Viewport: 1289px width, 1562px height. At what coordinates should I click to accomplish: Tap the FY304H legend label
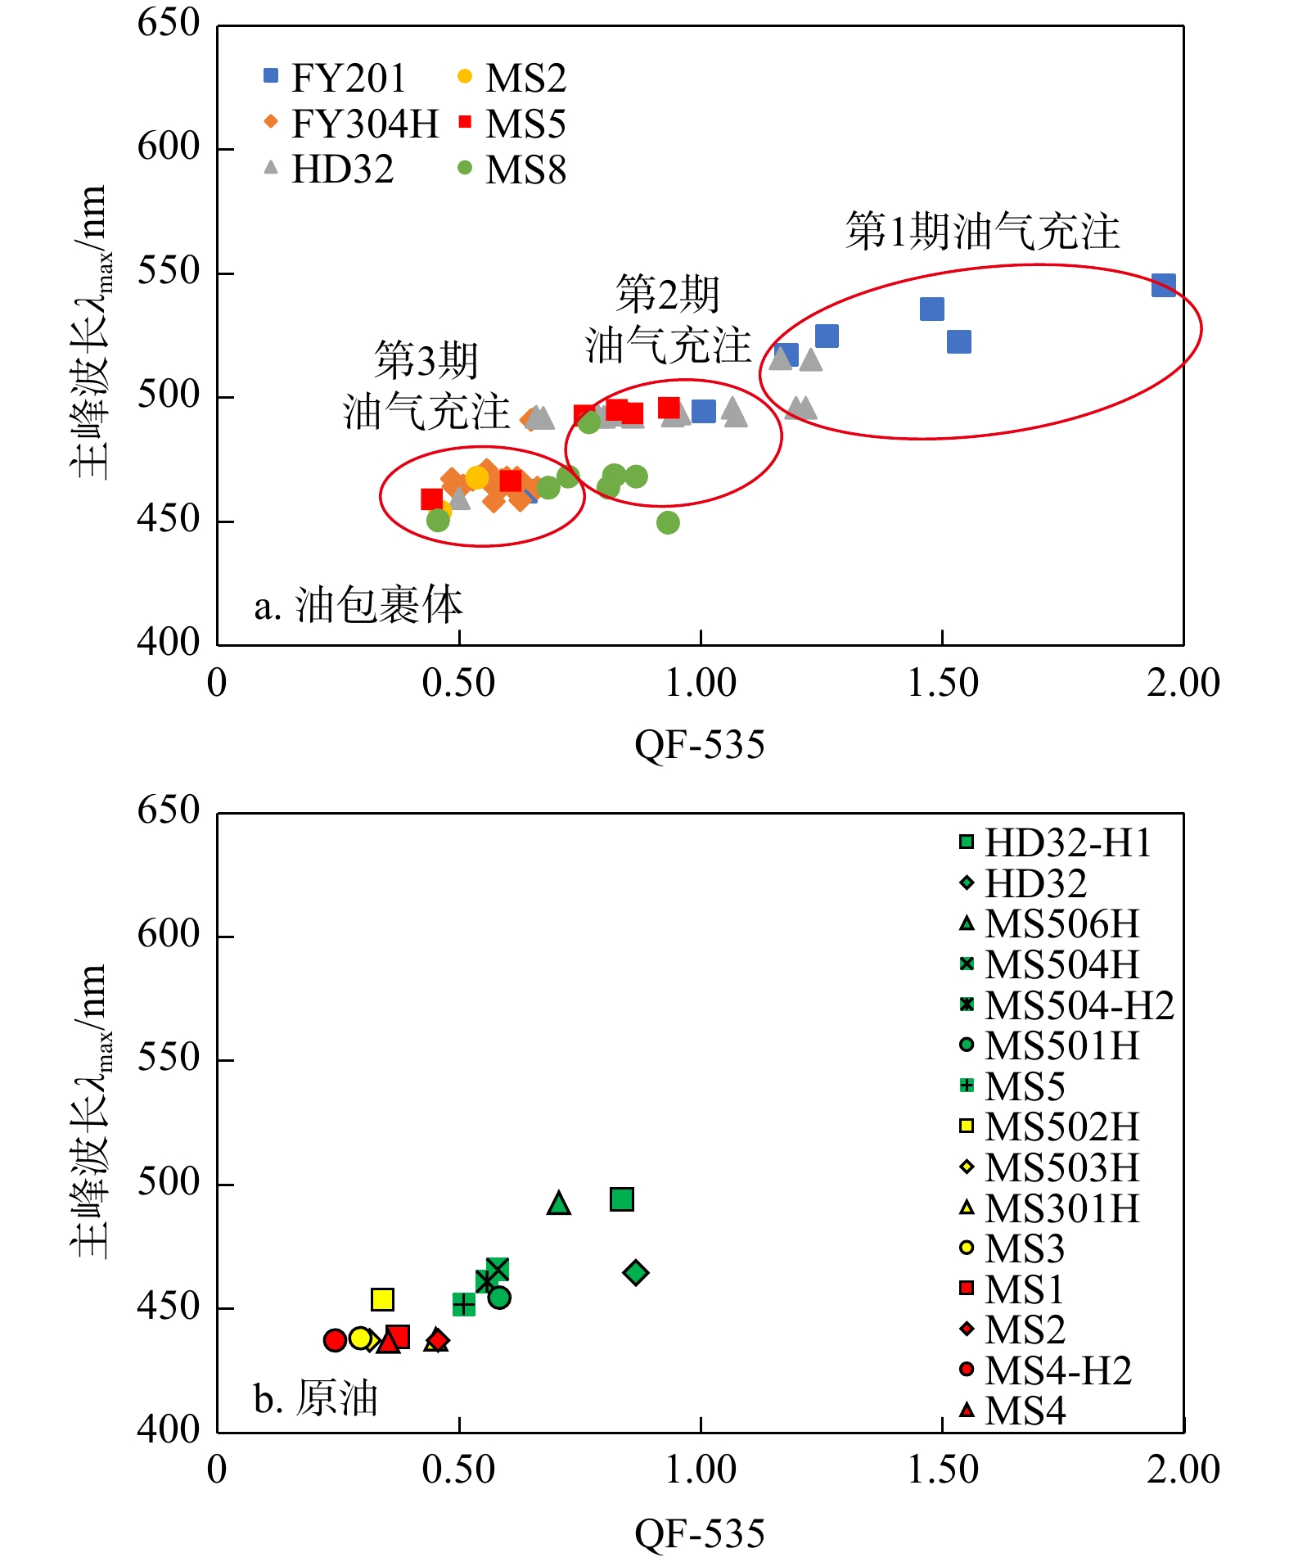[x=364, y=124]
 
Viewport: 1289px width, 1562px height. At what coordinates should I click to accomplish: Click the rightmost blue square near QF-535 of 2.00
[x=1163, y=285]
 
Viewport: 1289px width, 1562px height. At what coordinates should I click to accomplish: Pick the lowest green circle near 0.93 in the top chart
[x=668, y=522]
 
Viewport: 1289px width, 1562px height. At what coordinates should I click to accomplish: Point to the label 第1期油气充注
[x=982, y=231]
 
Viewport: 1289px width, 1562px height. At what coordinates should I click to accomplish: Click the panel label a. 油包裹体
[x=358, y=606]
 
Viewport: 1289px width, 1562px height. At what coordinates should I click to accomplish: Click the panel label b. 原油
[x=315, y=1398]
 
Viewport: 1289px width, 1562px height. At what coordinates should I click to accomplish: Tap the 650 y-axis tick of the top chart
[x=169, y=23]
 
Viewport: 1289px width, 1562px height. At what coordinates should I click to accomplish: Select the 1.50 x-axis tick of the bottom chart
[x=943, y=1469]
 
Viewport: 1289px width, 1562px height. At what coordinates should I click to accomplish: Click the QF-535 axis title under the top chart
[x=700, y=745]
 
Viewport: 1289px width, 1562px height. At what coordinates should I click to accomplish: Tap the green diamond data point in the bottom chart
[x=636, y=1272]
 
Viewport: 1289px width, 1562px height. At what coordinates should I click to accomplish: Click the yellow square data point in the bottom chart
[x=382, y=1299]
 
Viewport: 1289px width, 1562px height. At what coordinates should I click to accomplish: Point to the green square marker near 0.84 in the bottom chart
[x=622, y=1199]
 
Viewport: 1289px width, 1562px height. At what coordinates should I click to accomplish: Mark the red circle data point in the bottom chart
[x=334, y=1340]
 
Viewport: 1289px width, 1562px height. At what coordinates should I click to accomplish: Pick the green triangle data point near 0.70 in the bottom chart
[x=559, y=1203]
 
